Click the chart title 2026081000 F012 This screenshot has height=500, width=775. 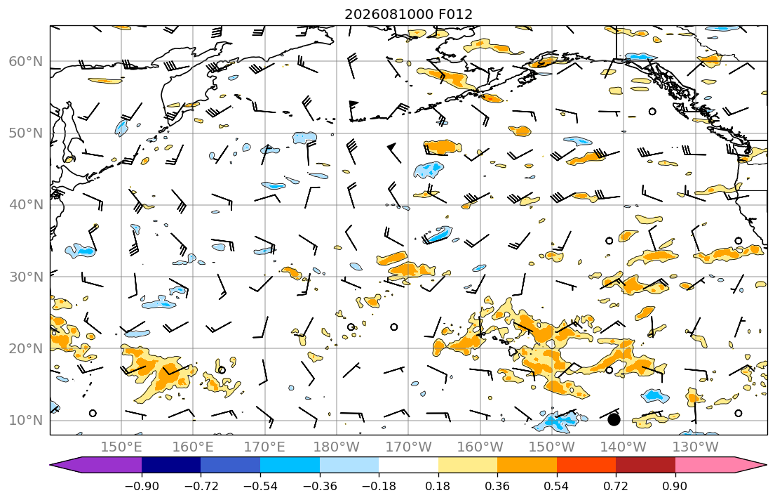(x=408, y=14)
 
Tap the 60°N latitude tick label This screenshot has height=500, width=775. (x=26, y=61)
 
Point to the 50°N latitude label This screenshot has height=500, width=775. (x=26, y=133)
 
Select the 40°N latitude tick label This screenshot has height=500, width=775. (x=26, y=205)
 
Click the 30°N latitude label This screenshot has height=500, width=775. (x=26, y=277)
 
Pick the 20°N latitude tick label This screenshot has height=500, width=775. (x=26, y=348)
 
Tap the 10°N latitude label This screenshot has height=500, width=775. (x=26, y=421)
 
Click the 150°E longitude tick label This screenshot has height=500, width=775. (x=121, y=447)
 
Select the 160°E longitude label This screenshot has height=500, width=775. (x=193, y=447)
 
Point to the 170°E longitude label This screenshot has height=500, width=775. (x=264, y=447)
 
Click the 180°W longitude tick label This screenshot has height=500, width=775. (x=337, y=447)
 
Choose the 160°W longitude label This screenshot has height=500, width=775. (x=480, y=447)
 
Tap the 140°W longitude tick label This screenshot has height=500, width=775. (x=624, y=447)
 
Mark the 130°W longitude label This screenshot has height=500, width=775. (x=695, y=447)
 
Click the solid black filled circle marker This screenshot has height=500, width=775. (x=614, y=420)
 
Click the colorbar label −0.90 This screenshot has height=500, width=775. (x=142, y=486)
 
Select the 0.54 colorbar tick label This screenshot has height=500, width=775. (x=557, y=486)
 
